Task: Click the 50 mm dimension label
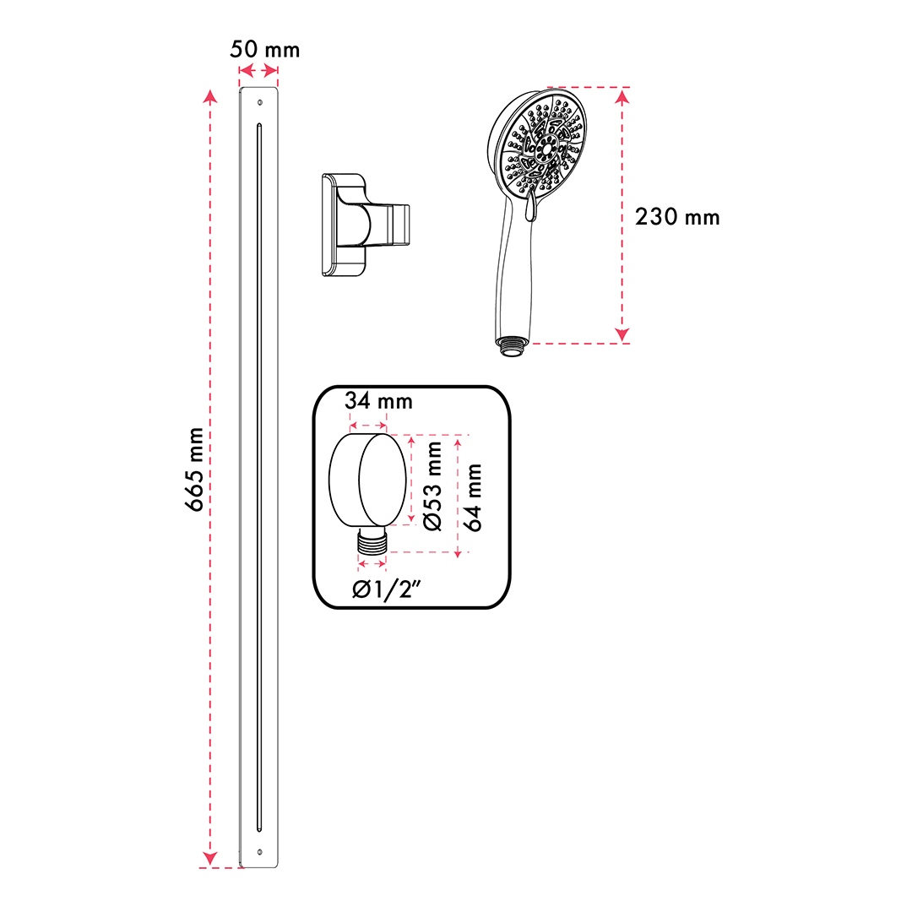(264, 50)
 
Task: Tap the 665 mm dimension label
(194, 470)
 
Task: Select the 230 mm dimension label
(677, 217)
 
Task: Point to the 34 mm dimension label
(378, 401)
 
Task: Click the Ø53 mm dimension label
(432, 486)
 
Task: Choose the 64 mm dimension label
(472, 498)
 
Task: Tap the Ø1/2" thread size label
(386, 589)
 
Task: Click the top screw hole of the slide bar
(259, 102)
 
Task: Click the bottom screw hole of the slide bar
(259, 851)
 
